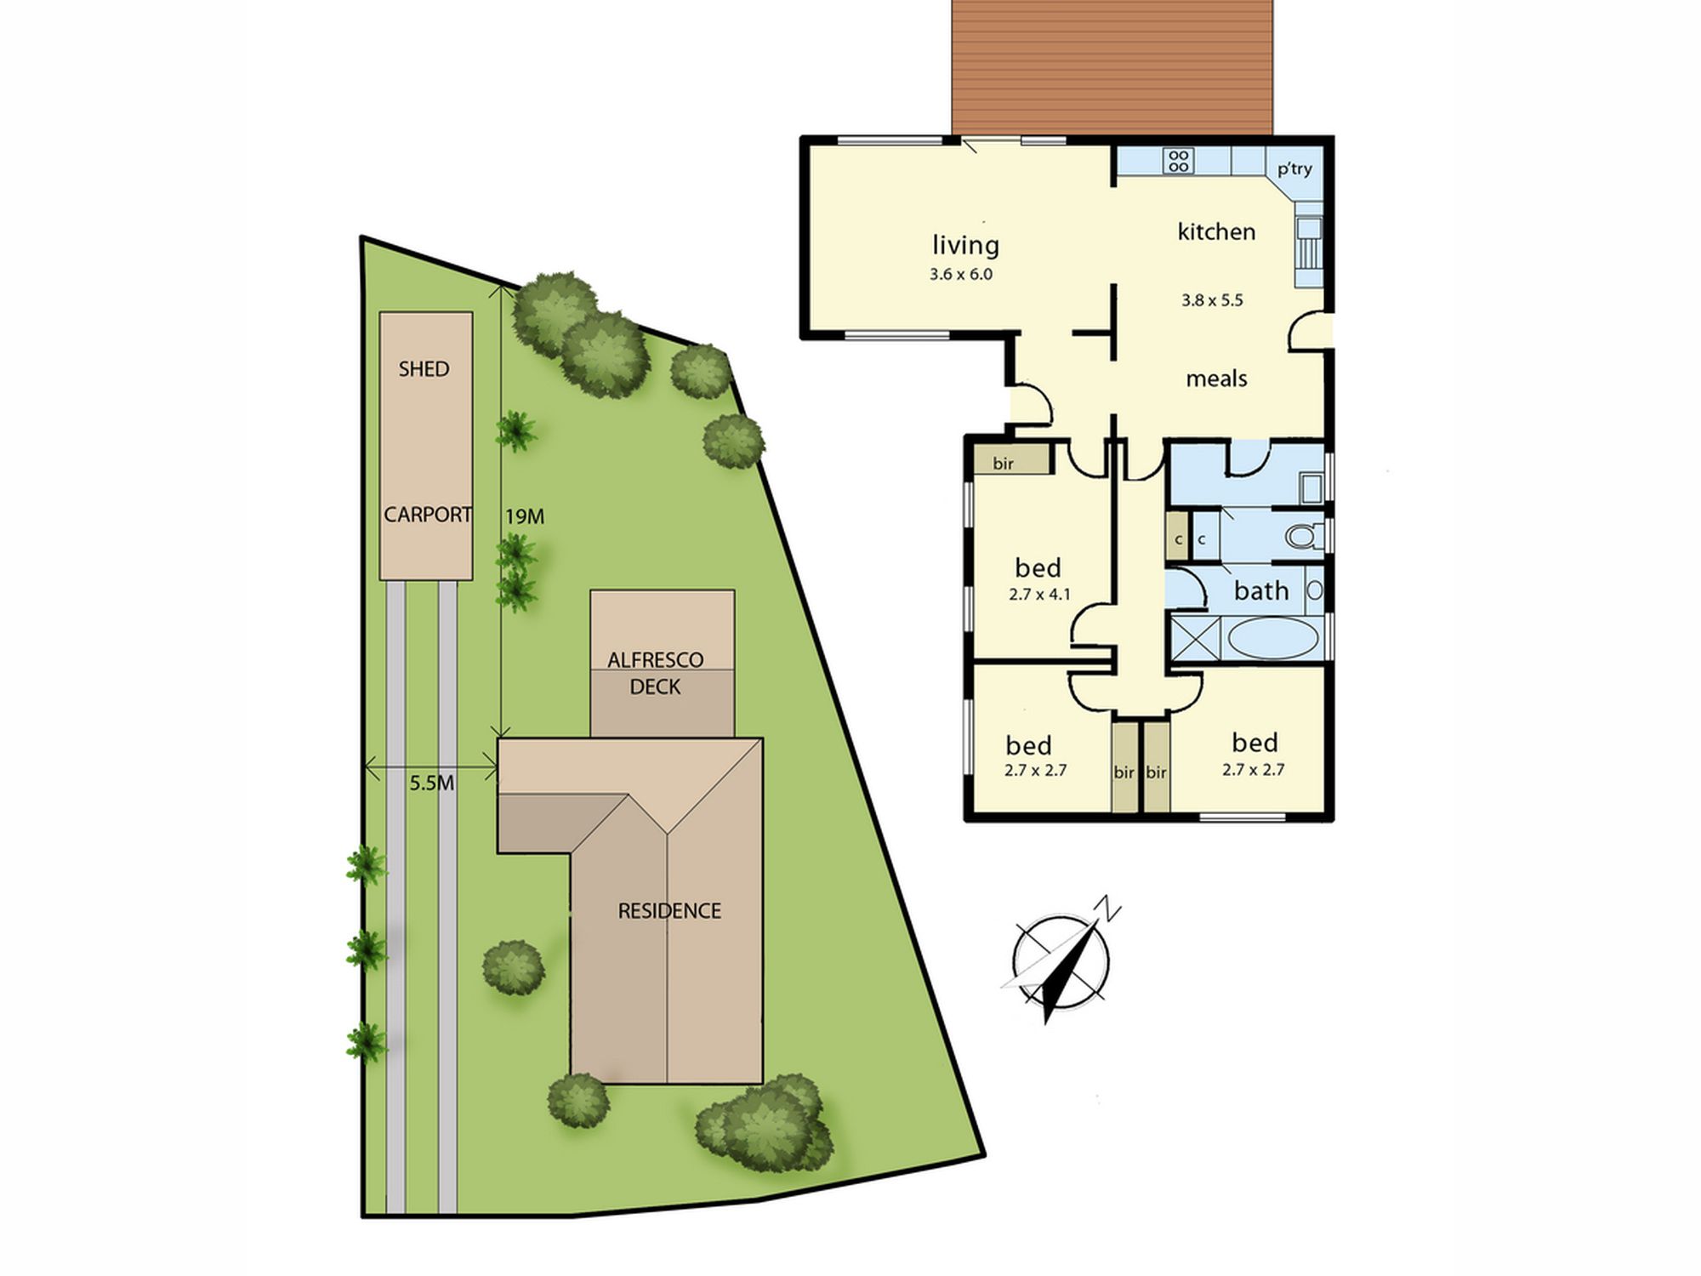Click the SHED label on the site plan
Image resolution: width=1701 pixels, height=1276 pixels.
tap(424, 369)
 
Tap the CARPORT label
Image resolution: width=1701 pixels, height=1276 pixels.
tap(427, 515)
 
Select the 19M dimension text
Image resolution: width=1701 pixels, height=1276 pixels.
tap(525, 516)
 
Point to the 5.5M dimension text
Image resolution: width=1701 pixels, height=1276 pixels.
tap(431, 783)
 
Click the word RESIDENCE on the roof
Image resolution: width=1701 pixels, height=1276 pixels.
tap(669, 911)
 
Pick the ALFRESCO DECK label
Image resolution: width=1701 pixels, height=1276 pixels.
tap(655, 673)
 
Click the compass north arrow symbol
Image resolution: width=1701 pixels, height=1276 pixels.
tap(1063, 960)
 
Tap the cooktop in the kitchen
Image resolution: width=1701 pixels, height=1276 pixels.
tap(1179, 161)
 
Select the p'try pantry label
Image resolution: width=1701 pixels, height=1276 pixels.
tap(1294, 169)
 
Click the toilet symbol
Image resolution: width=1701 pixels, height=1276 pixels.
tap(1303, 537)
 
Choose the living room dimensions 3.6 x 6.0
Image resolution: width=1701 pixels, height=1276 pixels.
tap(961, 275)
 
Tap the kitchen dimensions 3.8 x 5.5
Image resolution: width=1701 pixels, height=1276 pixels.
tap(1212, 300)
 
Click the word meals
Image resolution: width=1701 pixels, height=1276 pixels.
tap(1216, 379)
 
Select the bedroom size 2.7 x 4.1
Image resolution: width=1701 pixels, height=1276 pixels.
tap(1039, 595)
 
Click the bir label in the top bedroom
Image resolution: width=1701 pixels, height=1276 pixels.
tap(1004, 464)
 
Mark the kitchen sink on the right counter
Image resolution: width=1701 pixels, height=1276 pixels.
tap(1308, 243)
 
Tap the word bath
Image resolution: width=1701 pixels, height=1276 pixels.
tap(1261, 590)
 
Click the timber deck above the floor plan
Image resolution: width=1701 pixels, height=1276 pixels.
tap(1112, 66)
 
